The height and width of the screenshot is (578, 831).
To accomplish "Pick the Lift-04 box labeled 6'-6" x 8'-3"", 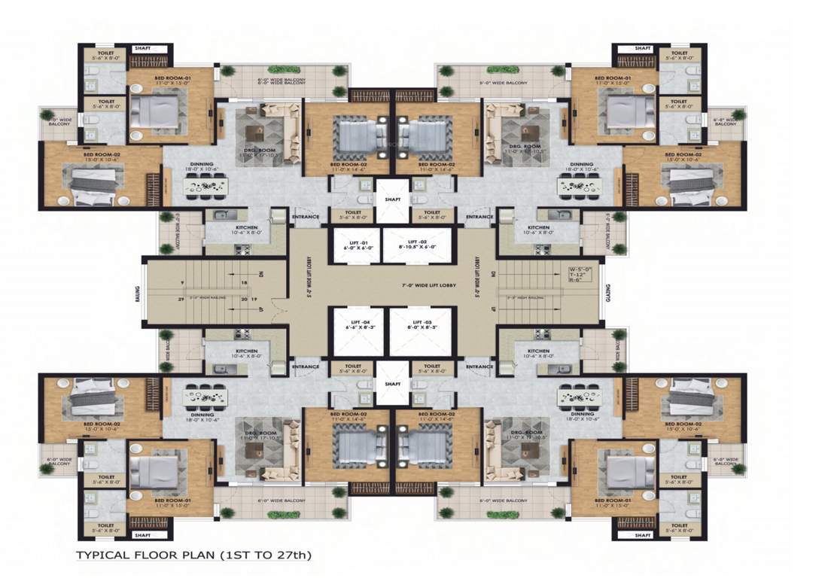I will click(x=355, y=332).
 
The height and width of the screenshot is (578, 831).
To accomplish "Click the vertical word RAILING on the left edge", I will click(x=138, y=291).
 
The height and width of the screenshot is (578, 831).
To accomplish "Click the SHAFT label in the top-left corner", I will click(x=143, y=48).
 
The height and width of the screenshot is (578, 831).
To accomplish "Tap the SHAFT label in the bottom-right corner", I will click(x=642, y=535).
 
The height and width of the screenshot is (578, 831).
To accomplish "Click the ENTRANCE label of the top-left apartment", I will click(x=306, y=218).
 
